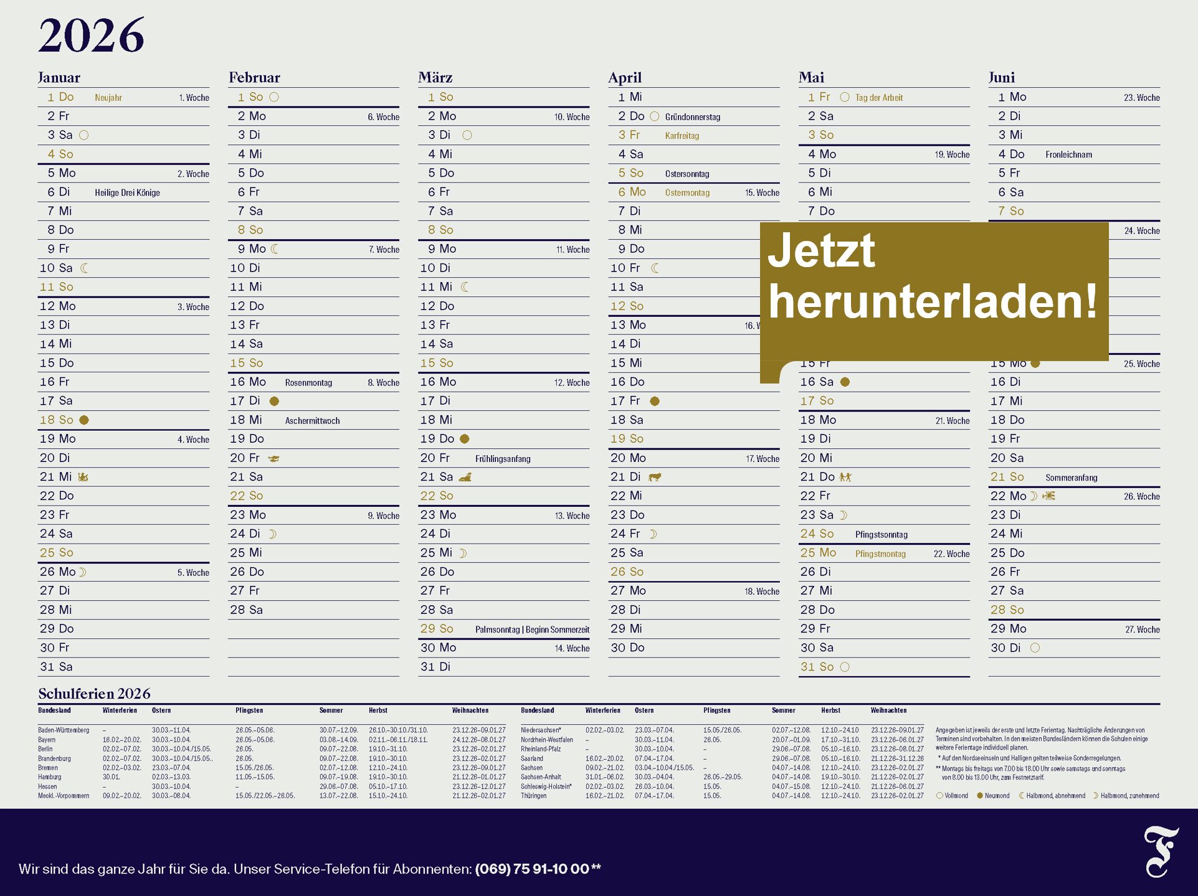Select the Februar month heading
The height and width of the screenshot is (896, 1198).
pos(254,78)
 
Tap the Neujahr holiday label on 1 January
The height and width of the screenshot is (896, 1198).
pos(108,98)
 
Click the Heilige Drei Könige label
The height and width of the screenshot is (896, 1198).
pos(127,193)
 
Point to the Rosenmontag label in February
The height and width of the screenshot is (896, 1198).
pos(308,383)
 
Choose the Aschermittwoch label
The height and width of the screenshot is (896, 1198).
pos(312,421)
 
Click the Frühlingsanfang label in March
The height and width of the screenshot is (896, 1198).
pos(503,459)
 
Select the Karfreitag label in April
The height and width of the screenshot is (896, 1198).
pos(682,136)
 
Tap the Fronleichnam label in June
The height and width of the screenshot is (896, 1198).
pos(1068,154)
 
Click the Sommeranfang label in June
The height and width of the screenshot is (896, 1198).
pos(1071,478)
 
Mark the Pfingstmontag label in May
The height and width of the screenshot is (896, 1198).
pos(880,554)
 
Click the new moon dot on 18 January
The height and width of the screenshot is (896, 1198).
pos(84,420)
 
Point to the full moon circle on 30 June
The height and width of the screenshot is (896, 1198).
pos(1035,648)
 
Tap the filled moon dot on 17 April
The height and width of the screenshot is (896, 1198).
pos(655,402)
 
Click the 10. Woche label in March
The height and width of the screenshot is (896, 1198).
pos(571,117)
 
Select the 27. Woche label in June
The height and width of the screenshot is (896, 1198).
pos(1142,630)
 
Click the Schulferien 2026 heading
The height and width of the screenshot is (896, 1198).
pos(94,694)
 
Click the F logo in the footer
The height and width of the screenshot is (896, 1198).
pos(1160,851)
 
